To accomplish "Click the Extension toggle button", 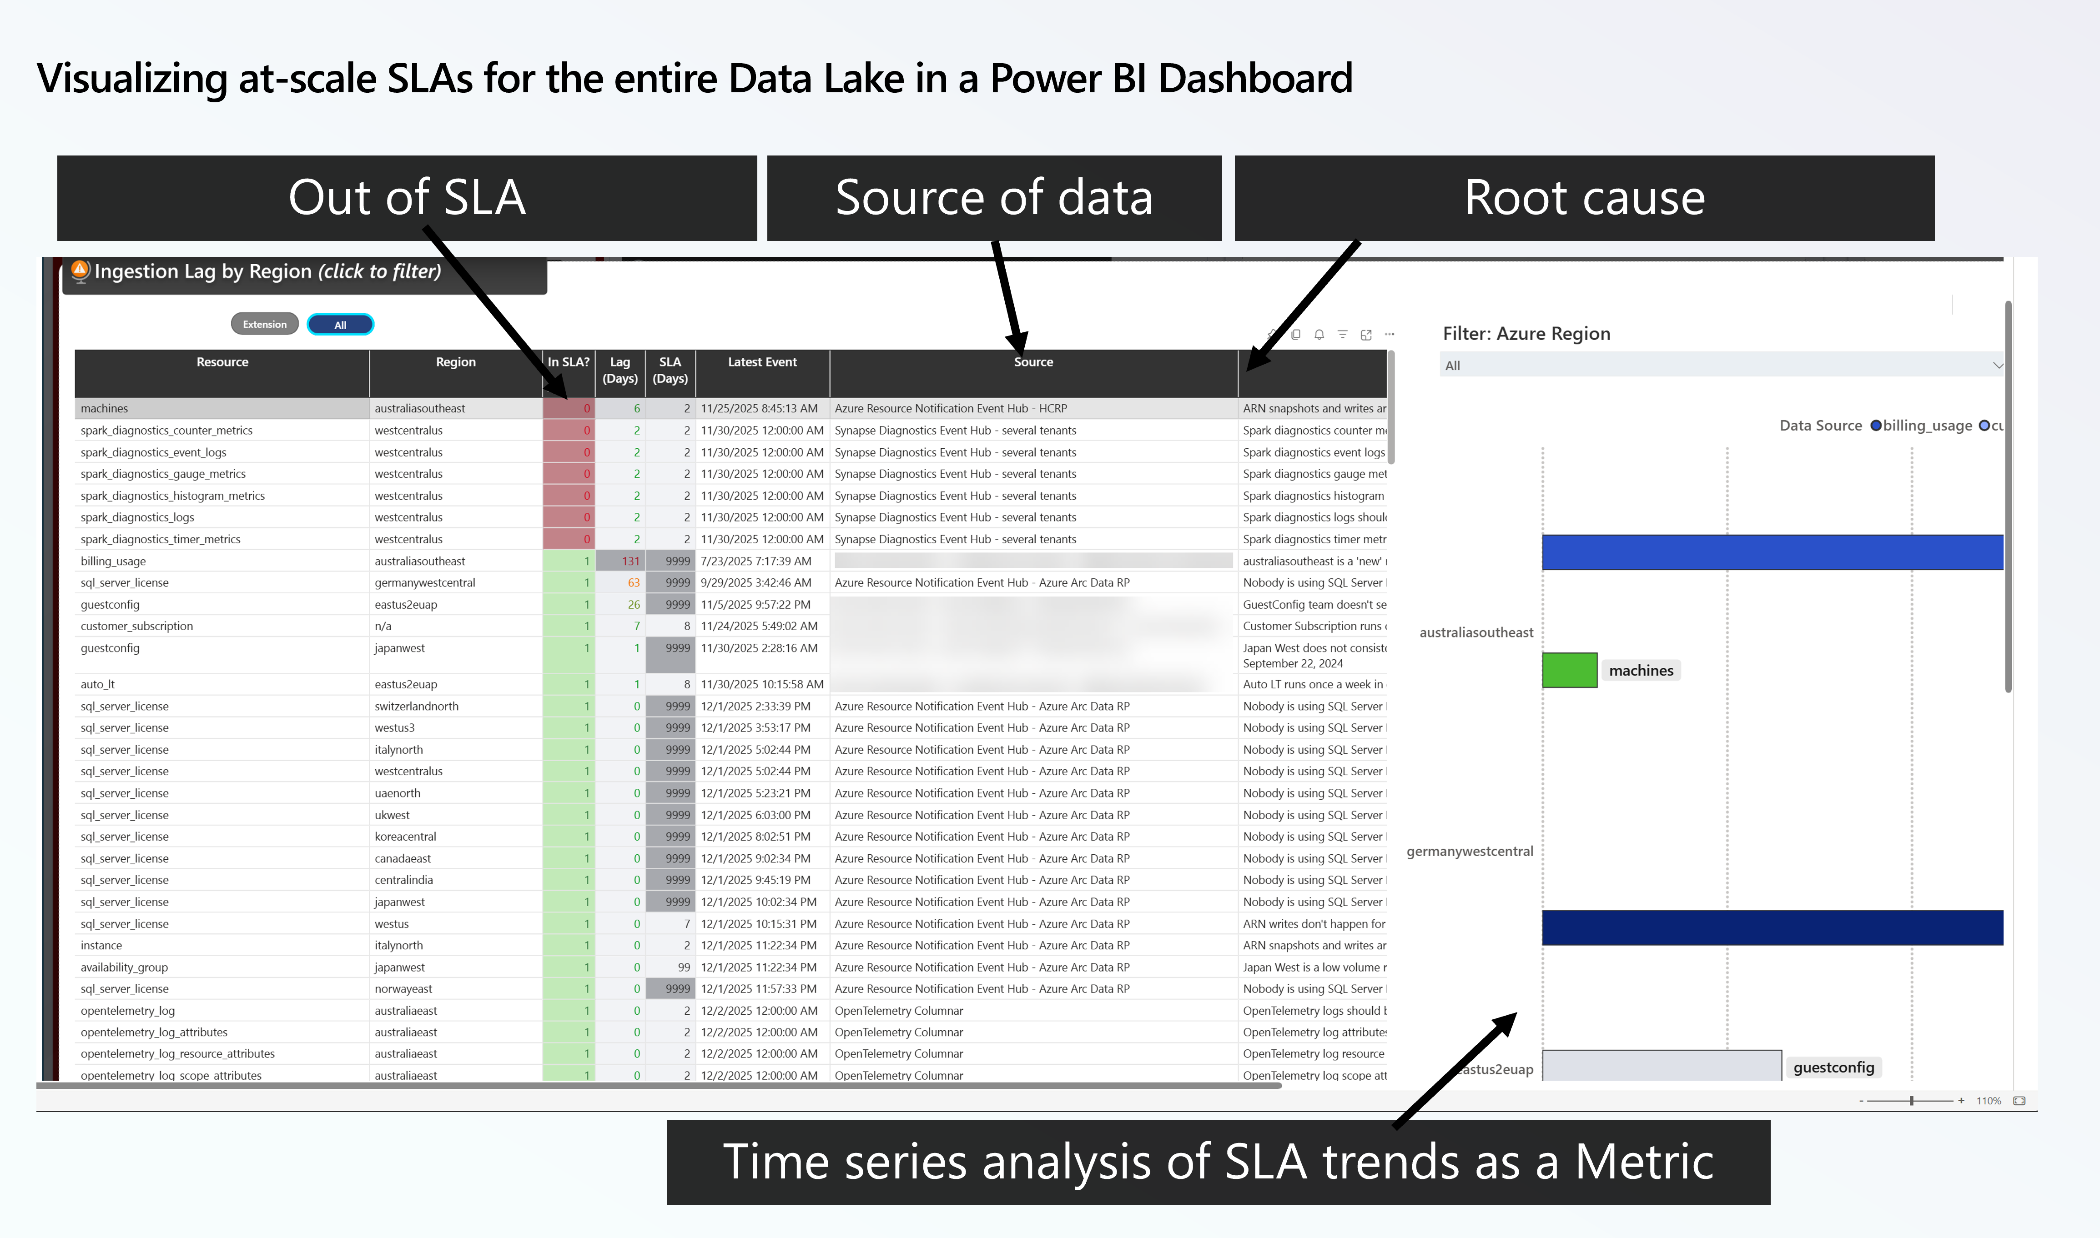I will pos(264,325).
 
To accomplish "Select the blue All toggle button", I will pos(340,325).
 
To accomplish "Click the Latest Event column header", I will pos(762,362).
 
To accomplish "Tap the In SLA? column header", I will pos(568,362).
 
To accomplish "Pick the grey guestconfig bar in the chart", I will pos(1660,1065).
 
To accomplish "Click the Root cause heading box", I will pos(1584,199).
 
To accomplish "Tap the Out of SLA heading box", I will pos(407,199).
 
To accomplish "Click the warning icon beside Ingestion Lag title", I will pos(80,271).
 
